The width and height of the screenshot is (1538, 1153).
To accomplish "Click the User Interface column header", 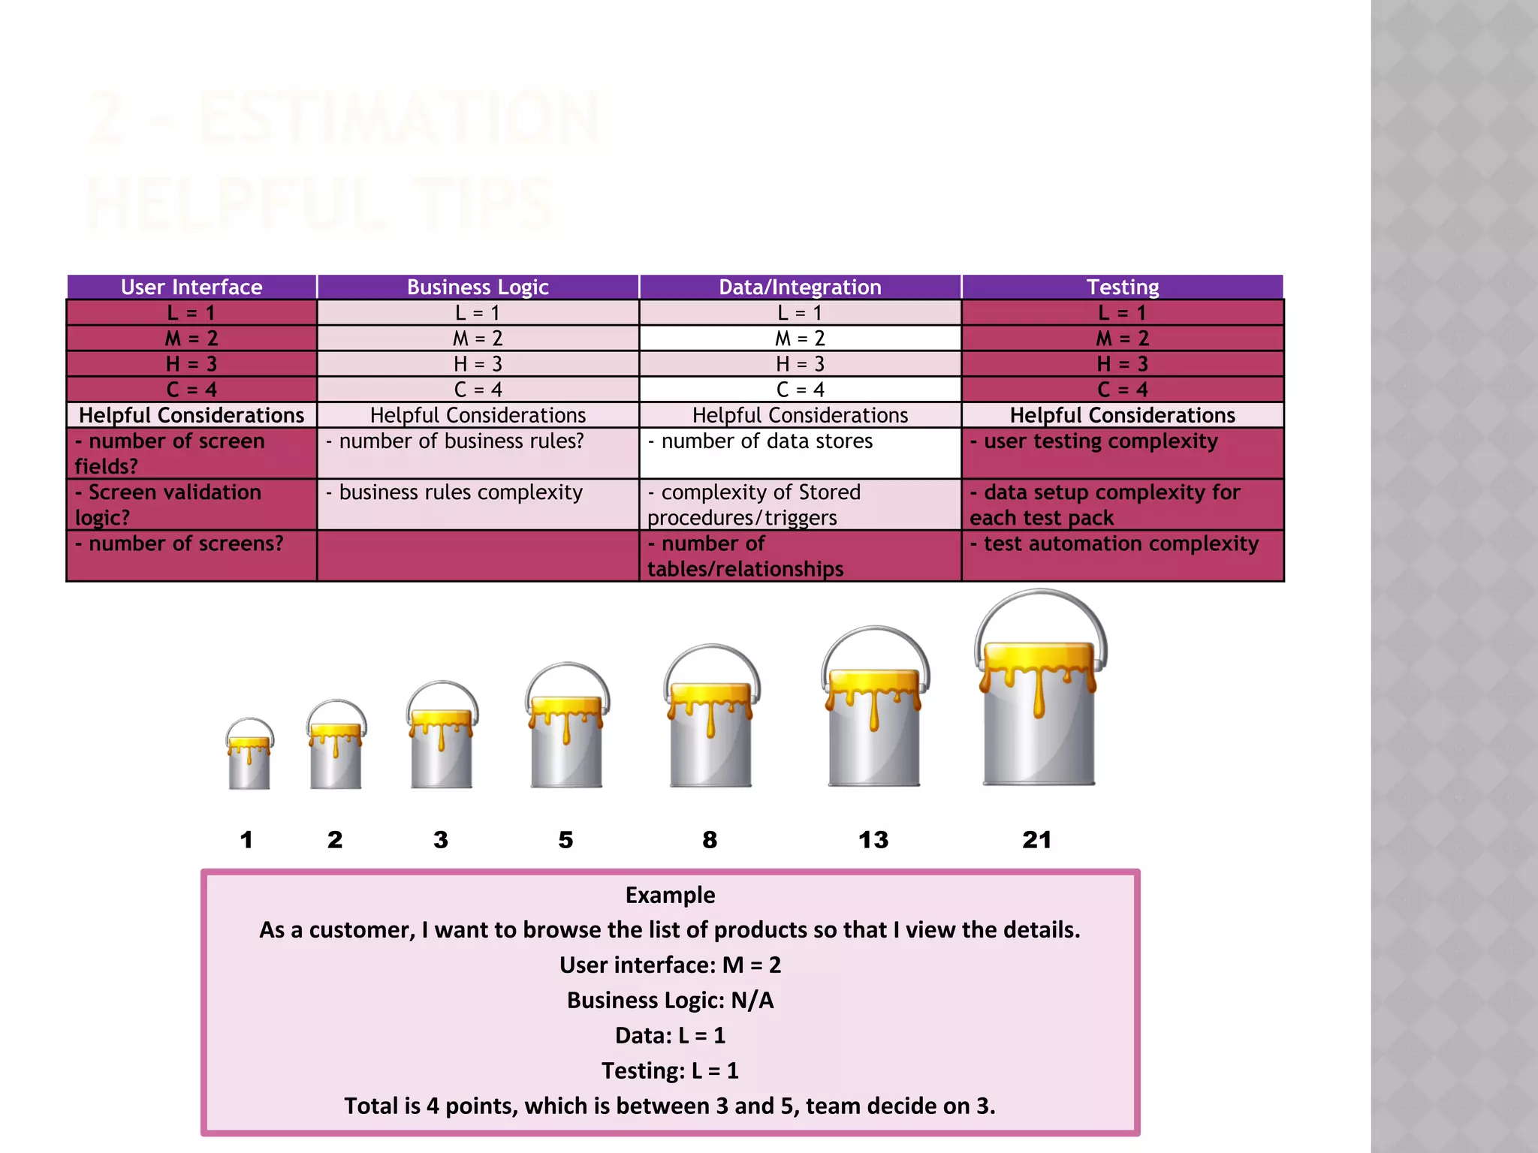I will click(x=191, y=287).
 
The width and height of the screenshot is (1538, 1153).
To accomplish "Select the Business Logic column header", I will click(x=478, y=287).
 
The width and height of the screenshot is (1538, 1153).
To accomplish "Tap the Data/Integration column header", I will click(x=800, y=287).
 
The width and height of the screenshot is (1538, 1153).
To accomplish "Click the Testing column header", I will click(x=1123, y=287).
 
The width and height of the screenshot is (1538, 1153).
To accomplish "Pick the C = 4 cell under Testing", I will click(x=1123, y=390).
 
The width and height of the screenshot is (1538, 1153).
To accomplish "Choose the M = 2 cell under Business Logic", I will click(x=478, y=339).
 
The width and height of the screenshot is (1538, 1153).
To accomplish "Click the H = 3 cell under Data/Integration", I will click(x=800, y=364).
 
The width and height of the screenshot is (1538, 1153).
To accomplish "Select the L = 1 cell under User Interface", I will click(x=191, y=313).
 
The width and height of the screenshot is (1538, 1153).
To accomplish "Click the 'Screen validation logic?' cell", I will click(x=191, y=504).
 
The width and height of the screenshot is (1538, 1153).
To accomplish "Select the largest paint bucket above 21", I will click(x=1039, y=713).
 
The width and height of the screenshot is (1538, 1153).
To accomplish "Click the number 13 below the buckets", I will click(x=873, y=839).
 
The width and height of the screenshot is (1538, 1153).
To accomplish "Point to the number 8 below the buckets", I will click(x=710, y=839).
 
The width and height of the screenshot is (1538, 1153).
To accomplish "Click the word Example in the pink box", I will click(x=670, y=895).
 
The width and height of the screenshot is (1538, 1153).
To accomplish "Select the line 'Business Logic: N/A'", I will click(x=670, y=1000).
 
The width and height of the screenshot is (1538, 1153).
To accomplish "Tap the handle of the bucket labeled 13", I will click(x=875, y=632).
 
